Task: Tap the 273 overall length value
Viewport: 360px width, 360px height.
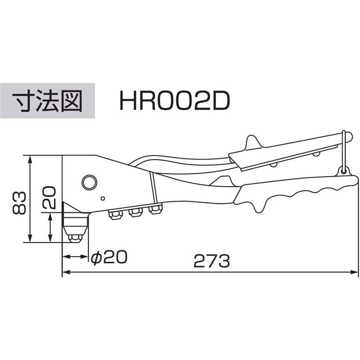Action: click(x=211, y=261)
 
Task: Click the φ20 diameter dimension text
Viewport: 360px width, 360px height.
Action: click(x=108, y=257)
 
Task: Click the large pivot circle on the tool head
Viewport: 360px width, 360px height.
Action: click(x=89, y=182)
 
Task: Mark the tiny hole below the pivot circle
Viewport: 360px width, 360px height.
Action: click(x=103, y=198)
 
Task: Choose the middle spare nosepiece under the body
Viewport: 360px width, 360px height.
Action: click(x=135, y=213)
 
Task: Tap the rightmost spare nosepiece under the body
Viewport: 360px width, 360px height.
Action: click(x=155, y=210)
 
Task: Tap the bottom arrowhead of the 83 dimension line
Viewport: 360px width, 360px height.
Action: click(x=30, y=239)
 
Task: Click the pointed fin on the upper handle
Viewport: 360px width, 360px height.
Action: click(x=251, y=141)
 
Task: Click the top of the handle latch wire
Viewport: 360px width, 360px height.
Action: click(x=344, y=133)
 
